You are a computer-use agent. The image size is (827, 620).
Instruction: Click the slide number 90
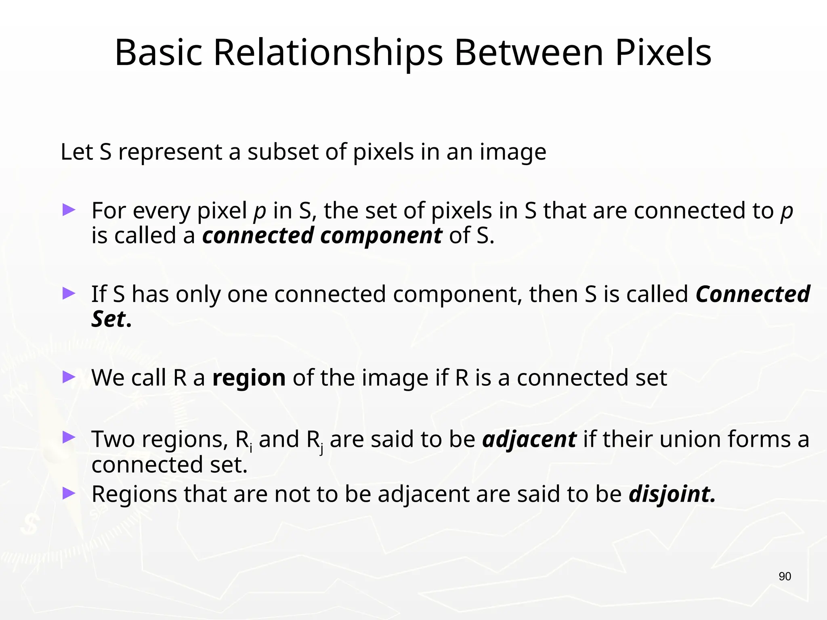tap(785, 576)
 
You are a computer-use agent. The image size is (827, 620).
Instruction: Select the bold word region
tap(249, 378)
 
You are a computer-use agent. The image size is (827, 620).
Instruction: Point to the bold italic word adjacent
tap(529, 440)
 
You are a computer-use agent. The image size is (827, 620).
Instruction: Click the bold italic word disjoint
tap(672, 494)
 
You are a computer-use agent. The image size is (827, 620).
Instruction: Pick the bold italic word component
tap(381, 236)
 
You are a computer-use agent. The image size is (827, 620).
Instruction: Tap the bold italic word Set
tap(108, 319)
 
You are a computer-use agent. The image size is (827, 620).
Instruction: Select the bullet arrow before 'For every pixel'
tap(69, 210)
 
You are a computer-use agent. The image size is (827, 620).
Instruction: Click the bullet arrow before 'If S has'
tap(69, 293)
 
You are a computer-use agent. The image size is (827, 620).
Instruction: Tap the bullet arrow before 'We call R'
tap(69, 377)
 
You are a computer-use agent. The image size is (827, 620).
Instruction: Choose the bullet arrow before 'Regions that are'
tap(69, 493)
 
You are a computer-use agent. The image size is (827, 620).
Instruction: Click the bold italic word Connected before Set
tap(752, 294)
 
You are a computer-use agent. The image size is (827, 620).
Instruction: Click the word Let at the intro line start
tap(76, 152)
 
